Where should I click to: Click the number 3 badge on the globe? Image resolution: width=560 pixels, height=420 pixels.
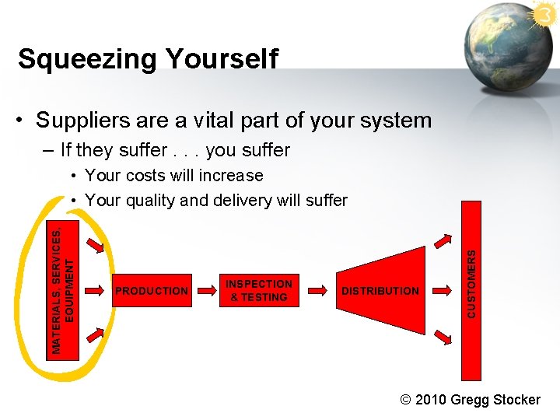[x=544, y=13]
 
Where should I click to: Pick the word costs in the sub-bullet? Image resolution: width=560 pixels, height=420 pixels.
[x=159, y=175]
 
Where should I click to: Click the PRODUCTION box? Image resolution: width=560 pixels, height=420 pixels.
[x=152, y=291]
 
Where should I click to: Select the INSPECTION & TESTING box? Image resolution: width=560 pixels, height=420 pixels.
[x=259, y=291]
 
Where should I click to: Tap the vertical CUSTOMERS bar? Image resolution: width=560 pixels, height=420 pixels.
[x=471, y=290]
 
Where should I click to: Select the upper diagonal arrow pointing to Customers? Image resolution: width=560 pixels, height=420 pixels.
[x=443, y=243]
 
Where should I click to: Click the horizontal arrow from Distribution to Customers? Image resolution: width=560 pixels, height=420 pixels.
[x=443, y=290]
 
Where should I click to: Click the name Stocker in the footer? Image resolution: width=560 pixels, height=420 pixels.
[x=517, y=400]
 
